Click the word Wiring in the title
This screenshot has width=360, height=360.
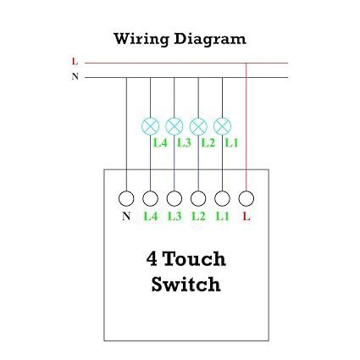(141, 39)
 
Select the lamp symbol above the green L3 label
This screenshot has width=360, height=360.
(174, 126)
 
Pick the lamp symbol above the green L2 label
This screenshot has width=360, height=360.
(198, 126)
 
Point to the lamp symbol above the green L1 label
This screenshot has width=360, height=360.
(222, 126)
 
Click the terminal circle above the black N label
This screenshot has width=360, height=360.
(126, 199)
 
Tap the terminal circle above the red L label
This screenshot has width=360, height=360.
(246, 199)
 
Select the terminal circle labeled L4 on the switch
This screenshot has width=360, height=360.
(150, 199)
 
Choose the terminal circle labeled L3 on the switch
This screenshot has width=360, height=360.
(174, 199)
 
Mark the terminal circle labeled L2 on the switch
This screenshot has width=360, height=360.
(198, 199)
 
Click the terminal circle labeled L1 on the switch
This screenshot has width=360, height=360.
(222, 199)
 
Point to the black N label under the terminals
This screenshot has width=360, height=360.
(126, 218)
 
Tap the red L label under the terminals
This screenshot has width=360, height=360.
(246, 218)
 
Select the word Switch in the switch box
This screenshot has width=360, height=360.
(186, 285)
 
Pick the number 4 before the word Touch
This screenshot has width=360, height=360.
(151, 259)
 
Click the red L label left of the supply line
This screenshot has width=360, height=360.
(75, 62)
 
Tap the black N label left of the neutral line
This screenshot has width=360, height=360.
(75, 76)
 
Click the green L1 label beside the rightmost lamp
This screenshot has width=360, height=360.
(232, 143)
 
